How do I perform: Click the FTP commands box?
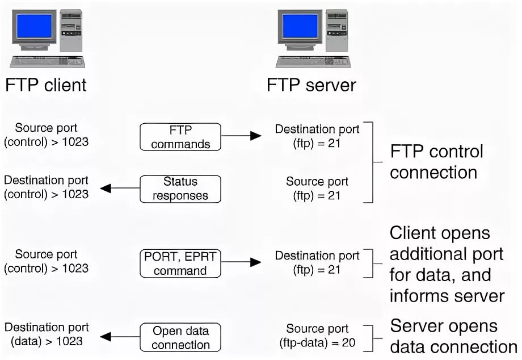click(180, 137)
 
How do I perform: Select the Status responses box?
click(180, 189)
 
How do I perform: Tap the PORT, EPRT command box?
click(180, 263)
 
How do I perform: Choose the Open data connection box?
click(180, 337)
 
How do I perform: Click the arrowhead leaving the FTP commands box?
click(255, 136)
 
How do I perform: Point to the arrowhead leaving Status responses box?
click(106, 188)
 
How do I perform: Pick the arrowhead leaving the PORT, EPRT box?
click(255, 262)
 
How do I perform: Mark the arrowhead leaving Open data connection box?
click(106, 336)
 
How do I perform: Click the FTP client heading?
click(46, 85)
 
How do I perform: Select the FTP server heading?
click(311, 85)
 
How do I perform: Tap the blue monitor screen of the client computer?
click(34, 26)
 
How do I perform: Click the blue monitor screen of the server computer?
click(300, 26)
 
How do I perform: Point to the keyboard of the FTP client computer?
click(47, 62)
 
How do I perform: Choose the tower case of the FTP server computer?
click(336, 31)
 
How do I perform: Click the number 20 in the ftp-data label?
click(348, 343)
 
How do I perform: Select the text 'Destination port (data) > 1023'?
click(47, 334)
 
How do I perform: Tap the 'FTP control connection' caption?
click(436, 162)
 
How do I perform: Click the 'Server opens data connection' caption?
click(453, 336)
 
